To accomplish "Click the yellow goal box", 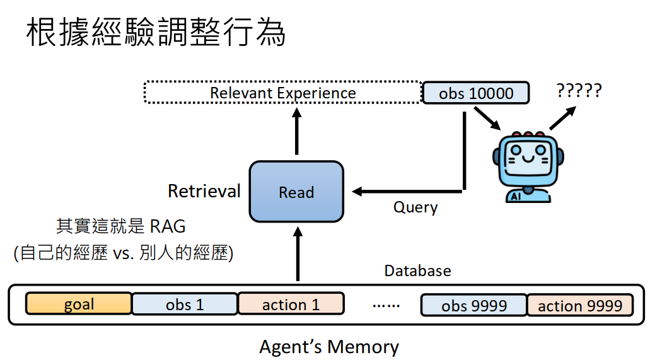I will [x=79, y=304].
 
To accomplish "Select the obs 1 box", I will [x=185, y=304].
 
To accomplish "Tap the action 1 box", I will [x=291, y=304].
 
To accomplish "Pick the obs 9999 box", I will [x=473, y=305].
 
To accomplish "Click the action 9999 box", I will [x=579, y=305].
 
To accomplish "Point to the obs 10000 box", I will [x=475, y=93].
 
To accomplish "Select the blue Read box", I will [x=296, y=192].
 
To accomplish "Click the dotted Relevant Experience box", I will [x=282, y=93].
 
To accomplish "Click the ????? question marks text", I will [x=579, y=91].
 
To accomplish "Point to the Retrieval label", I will [x=204, y=191].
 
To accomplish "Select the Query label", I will [x=415, y=207].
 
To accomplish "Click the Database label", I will [x=417, y=270].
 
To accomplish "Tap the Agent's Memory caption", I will [x=329, y=347].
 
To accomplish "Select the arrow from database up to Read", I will [x=296, y=255].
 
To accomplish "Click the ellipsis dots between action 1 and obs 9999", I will [x=386, y=306].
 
